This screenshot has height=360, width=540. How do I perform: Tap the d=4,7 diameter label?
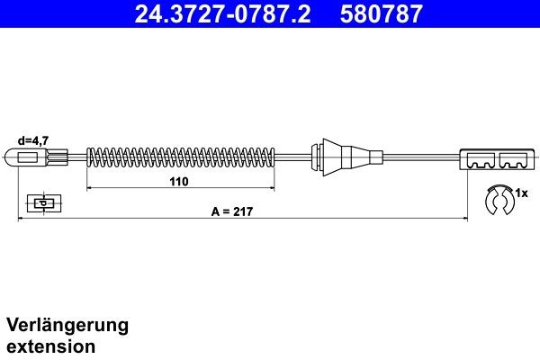(32, 140)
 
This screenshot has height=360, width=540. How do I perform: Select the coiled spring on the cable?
(180, 158)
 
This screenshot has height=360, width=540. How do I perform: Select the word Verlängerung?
(67, 325)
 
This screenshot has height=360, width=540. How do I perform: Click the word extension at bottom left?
(51, 346)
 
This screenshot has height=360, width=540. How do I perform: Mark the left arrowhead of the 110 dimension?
(89, 189)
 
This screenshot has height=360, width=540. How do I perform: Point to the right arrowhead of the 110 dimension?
(272, 189)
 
